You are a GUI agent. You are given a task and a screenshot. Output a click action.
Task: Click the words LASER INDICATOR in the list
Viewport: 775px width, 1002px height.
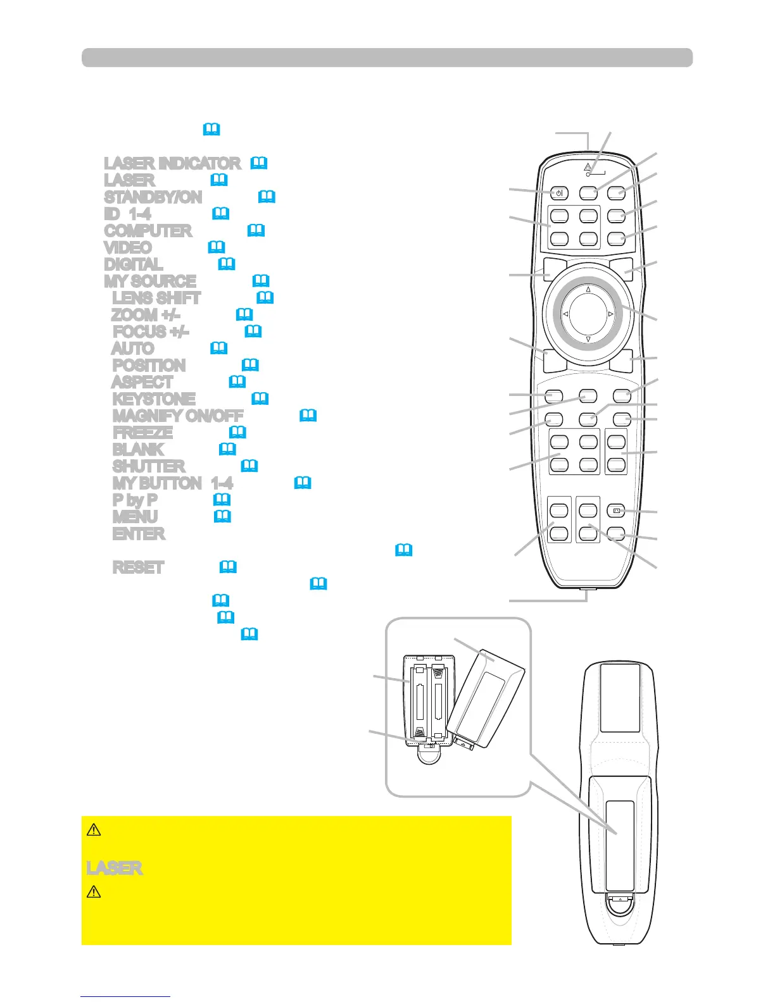tap(172, 163)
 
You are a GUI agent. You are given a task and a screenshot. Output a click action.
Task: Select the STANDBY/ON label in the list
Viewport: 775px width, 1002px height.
tap(153, 197)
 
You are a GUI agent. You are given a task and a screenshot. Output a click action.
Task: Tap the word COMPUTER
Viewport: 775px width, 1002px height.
tap(148, 231)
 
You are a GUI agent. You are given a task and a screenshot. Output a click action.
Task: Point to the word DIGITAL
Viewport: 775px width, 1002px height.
tap(133, 264)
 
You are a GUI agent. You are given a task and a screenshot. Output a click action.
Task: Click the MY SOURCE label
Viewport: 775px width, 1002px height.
tap(150, 281)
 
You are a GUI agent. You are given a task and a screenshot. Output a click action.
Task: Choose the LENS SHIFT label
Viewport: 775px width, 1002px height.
tap(156, 298)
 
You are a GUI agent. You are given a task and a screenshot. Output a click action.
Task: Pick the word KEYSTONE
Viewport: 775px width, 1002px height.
tap(154, 399)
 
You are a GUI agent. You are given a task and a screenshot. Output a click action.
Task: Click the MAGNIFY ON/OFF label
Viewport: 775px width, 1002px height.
tap(177, 416)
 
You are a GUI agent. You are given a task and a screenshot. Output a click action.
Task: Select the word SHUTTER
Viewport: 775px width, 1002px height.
tap(149, 466)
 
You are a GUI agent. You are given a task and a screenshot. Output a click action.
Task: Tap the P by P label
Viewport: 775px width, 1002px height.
tap(135, 500)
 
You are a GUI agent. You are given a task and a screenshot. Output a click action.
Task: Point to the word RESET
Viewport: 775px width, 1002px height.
tap(138, 567)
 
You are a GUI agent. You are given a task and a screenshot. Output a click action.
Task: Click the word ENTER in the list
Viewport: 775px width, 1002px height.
tap(139, 534)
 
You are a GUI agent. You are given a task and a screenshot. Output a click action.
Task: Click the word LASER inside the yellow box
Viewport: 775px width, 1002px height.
tap(115, 868)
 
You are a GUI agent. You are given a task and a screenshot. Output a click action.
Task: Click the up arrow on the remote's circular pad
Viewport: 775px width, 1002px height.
tap(588, 290)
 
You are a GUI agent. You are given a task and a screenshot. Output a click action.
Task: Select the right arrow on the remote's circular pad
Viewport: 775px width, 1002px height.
tap(611, 314)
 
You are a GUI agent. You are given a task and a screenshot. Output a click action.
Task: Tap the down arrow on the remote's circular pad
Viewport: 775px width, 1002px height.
tap(588, 339)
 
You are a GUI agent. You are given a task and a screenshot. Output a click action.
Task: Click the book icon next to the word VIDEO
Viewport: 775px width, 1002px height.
tap(217, 247)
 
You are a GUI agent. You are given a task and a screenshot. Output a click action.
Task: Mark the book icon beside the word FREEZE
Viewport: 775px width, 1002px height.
tap(237, 432)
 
